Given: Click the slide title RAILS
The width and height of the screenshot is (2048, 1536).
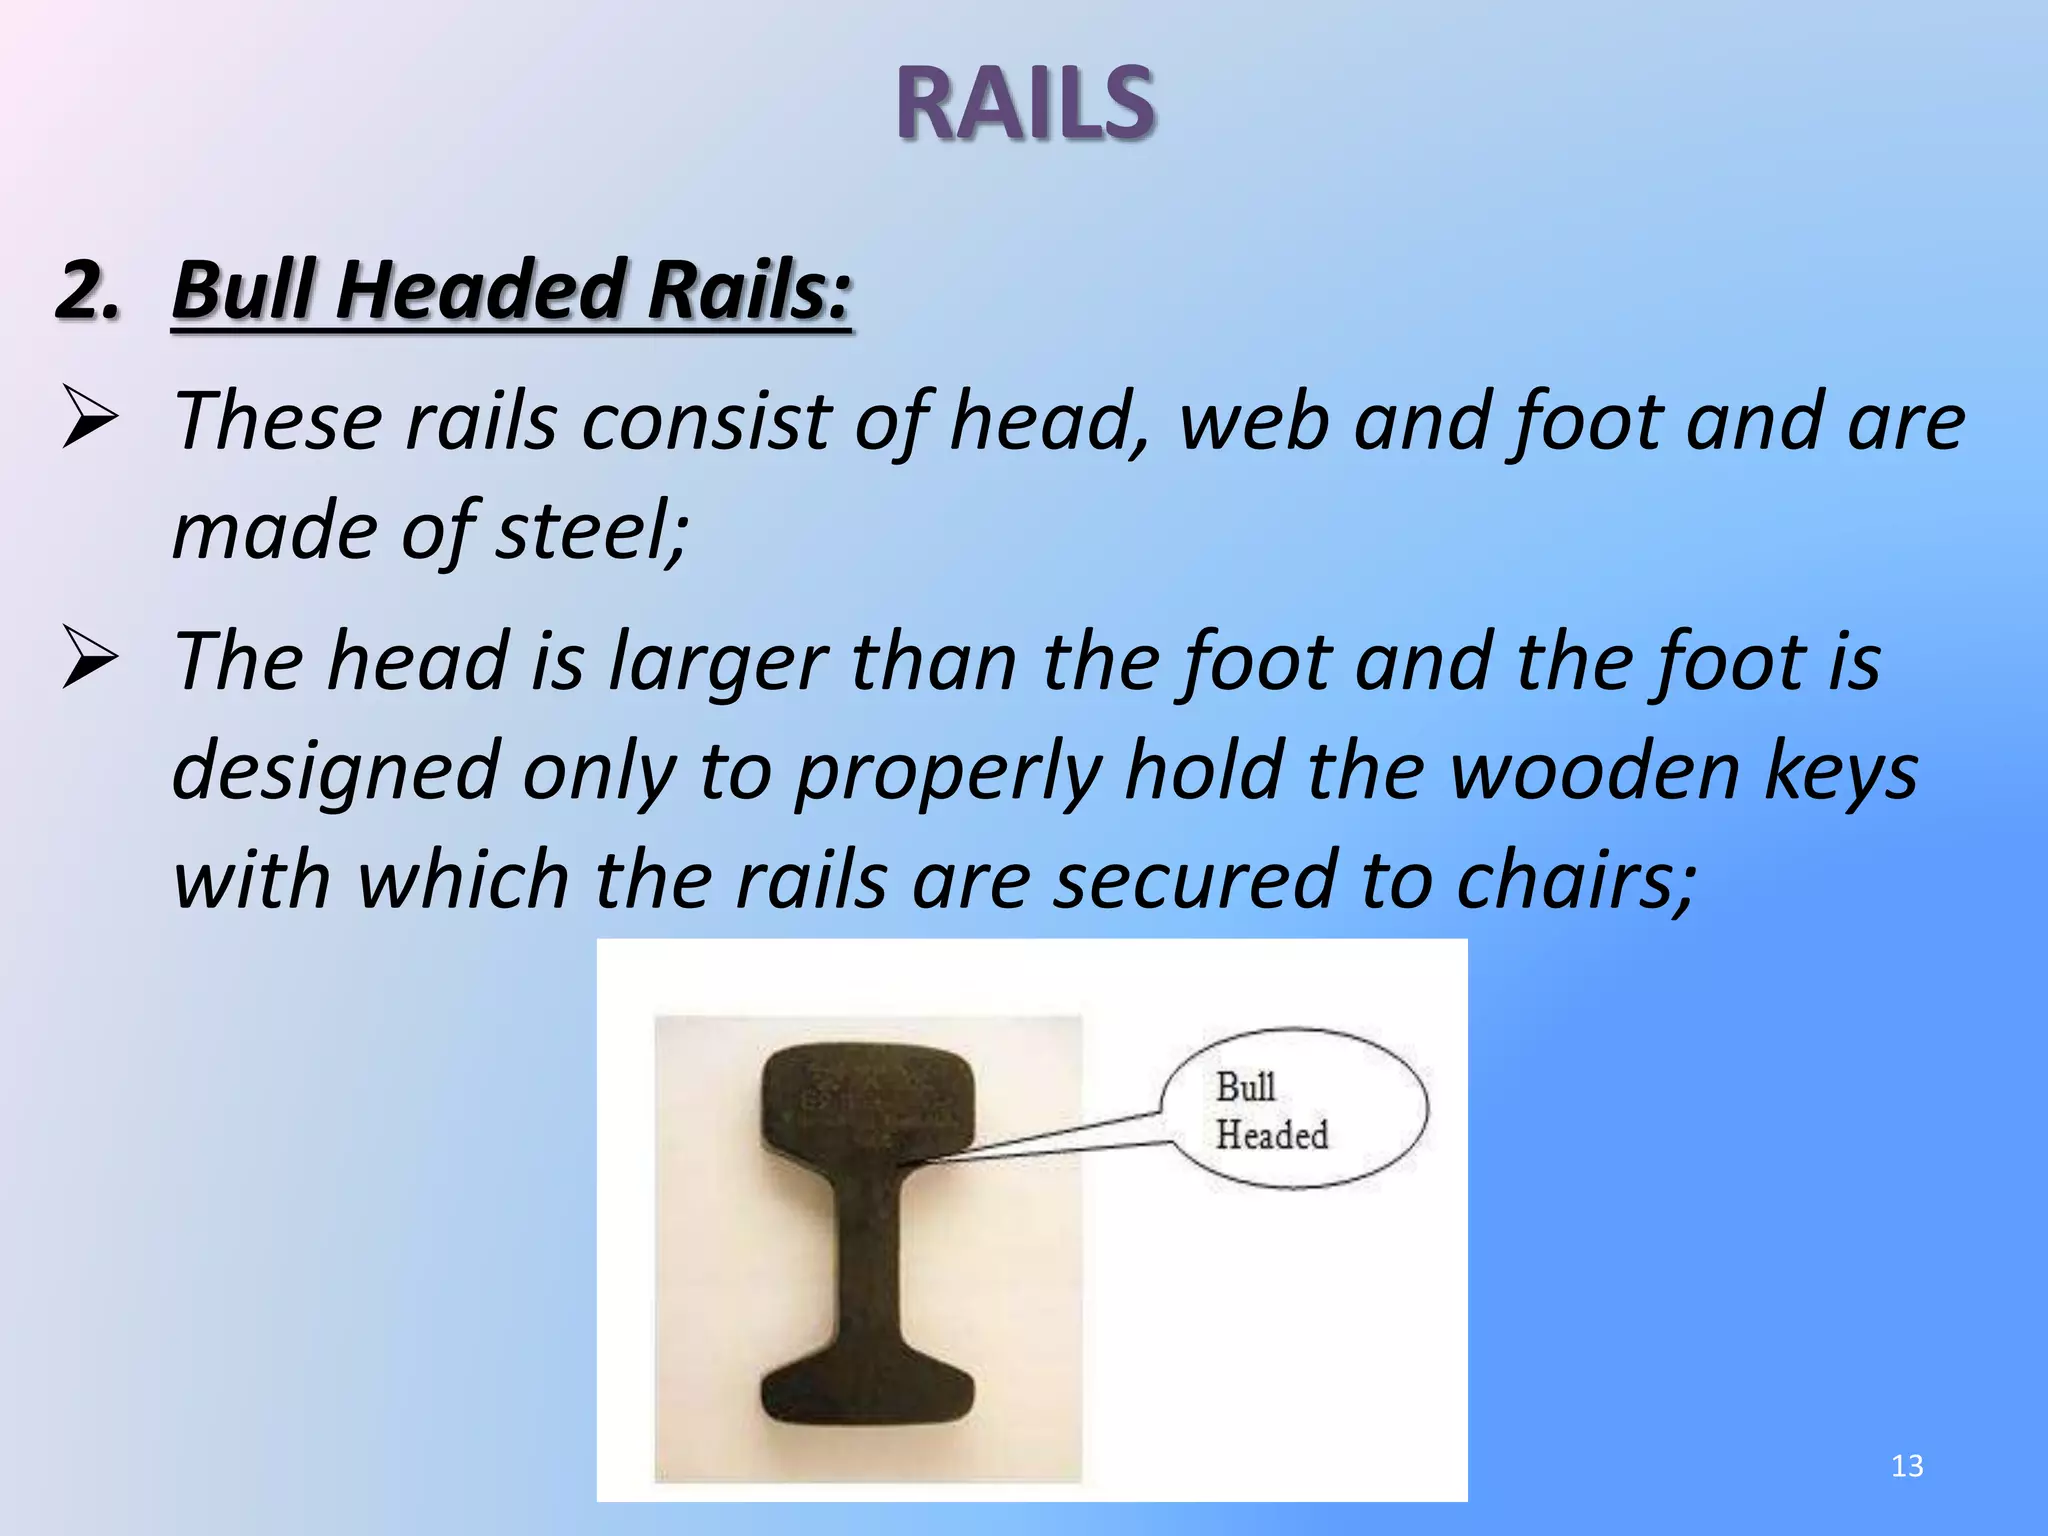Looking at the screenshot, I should pyautogui.click(x=1025, y=103).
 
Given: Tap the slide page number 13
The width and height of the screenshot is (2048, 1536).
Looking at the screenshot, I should pyautogui.click(x=1907, y=1466).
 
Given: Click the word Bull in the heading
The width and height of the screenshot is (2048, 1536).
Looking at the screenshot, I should pyautogui.click(x=244, y=290).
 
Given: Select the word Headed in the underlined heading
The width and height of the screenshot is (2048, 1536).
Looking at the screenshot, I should pyautogui.click(x=480, y=290).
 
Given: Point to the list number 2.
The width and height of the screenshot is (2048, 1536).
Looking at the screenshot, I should pyautogui.click(x=88, y=290).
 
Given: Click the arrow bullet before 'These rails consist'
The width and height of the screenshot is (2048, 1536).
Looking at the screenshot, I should pyautogui.click(x=90, y=420).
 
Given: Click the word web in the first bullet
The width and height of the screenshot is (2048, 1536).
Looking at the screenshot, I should pyautogui.click(x=1254, y=422).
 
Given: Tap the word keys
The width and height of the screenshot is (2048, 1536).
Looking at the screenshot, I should pyautogui.click(x=1841, y=772).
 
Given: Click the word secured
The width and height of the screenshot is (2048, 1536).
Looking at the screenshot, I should pyautogui.click(x=1196, y=880).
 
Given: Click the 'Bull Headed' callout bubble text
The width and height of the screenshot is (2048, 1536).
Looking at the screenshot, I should pyautogui.click(x=1271, y=1111).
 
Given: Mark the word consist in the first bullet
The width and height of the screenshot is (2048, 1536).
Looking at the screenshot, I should pyautogui.click(x=706, y=422).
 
